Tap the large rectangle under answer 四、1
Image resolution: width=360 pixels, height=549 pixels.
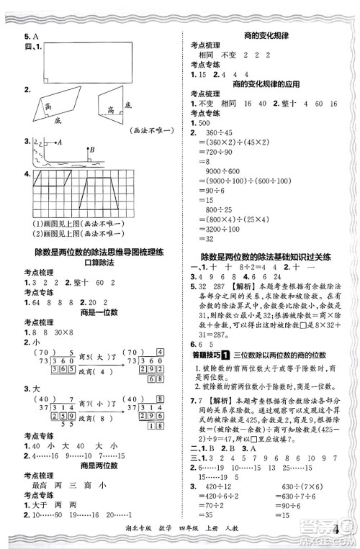click(89, 62)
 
